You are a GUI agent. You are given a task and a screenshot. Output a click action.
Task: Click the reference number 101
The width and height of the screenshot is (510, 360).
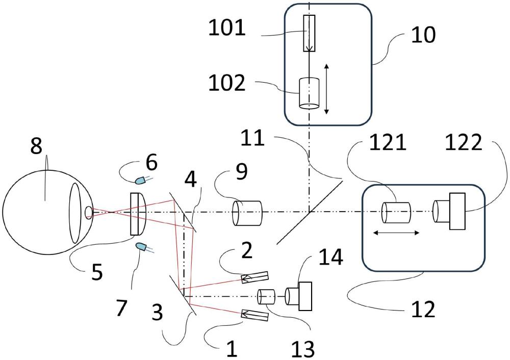227,28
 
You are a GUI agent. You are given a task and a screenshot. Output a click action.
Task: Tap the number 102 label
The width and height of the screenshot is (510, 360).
227,83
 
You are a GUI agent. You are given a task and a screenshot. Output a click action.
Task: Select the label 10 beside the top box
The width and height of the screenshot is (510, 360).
423,35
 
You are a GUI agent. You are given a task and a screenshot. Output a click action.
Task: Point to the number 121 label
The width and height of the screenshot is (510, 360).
388,142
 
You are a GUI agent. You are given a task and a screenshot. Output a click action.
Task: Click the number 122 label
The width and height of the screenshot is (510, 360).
463,142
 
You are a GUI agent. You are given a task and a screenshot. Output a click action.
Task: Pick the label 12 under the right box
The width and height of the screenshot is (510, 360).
423,310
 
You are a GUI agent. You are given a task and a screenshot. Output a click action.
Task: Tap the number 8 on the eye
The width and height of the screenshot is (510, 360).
36,146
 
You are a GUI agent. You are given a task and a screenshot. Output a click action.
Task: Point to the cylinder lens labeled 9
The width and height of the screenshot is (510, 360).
247,213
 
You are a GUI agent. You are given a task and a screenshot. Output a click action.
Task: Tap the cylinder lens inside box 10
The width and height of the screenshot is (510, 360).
309,93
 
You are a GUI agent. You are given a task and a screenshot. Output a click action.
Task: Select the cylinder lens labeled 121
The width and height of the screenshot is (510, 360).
396,213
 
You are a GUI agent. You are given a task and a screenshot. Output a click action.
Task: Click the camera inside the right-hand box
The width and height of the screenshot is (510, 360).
449,211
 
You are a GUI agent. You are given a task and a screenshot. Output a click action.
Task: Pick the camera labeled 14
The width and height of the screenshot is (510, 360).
298,296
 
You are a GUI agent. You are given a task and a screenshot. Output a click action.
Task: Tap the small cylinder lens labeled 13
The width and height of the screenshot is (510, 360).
266,296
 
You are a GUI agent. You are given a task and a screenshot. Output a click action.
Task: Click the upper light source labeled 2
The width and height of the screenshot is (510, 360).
254,277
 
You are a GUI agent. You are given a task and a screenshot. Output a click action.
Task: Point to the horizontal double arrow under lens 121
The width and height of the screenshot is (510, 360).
396,233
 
